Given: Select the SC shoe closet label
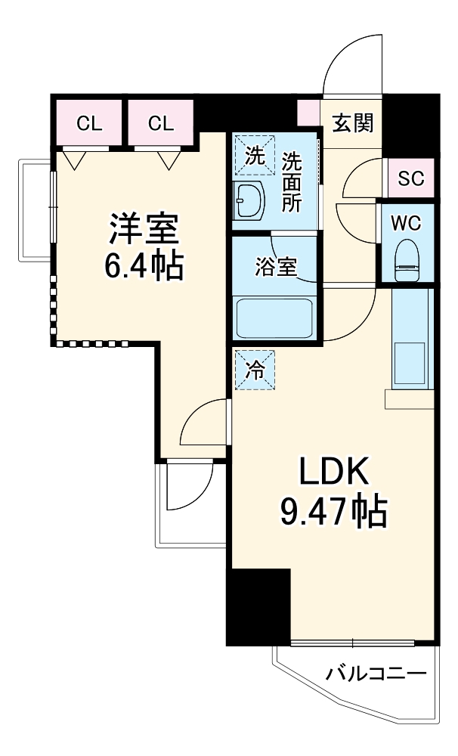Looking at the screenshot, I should (x=411, y=179).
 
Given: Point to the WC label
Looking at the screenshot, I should (x=406, y=224).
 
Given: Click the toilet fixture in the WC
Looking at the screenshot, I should (x=407, y=259).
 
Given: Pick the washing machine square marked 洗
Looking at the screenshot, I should (x=254, y=155).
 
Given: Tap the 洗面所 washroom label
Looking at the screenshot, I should (x=291, y=181).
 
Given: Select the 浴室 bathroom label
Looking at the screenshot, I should (x=275, y=268).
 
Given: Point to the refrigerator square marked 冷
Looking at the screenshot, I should (x=255, y=370).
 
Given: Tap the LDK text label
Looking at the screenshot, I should (x=333, y=474).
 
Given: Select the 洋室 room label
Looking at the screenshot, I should (x=144, y=227).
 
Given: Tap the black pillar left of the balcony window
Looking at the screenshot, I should (x=258, y=606).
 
